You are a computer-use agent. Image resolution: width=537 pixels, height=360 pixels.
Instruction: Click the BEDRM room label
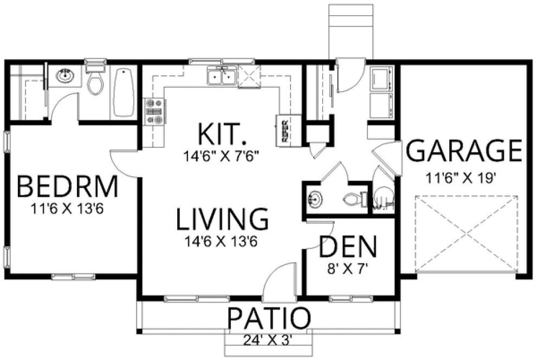coord(67,187)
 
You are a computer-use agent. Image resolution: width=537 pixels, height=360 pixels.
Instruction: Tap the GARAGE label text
coord(464,151)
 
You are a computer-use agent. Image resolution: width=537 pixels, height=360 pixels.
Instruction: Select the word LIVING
coord(223,218)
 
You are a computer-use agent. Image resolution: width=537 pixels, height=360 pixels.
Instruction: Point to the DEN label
coord(347,247)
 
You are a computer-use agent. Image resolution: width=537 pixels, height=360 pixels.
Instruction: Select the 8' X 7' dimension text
coord(347,267)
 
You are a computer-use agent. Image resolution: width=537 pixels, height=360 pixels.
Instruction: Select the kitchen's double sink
coord(222,77)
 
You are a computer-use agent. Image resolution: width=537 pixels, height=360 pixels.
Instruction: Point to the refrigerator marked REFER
coord(286,130)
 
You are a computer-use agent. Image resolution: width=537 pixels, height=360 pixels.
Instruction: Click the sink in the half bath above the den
coord(314,199)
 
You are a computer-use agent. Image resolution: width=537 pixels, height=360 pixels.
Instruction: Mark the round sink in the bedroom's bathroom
coord(66,76)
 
